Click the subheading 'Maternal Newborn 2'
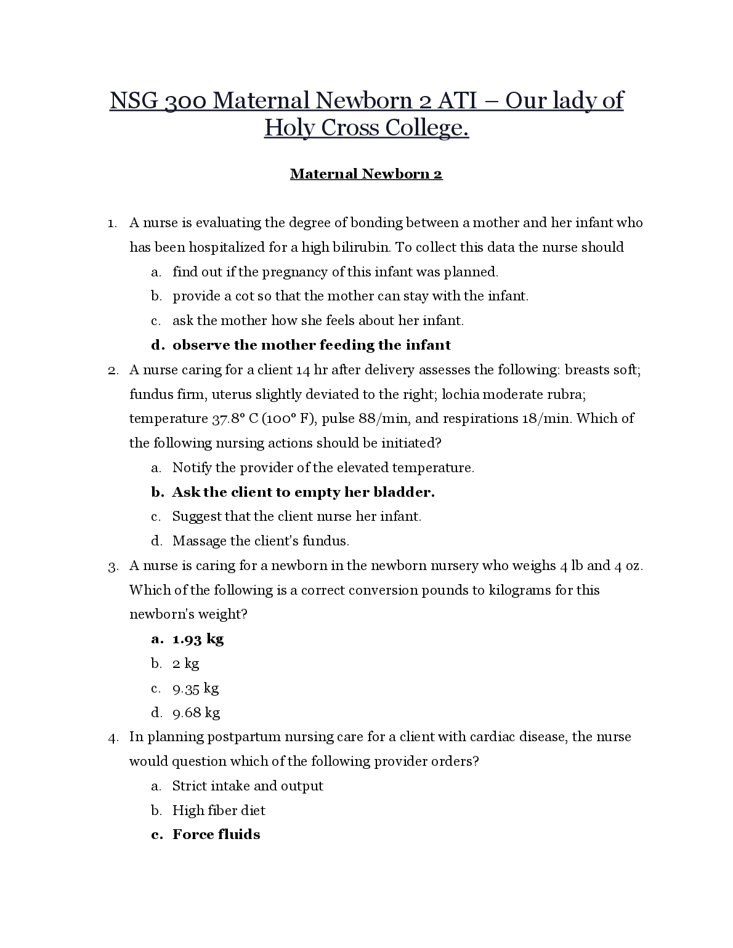coord(366,174)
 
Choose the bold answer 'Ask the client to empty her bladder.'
coord(303,492)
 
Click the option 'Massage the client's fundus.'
coord(261,541)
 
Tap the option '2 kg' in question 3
coord(185,664)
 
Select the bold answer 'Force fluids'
coord(216,835)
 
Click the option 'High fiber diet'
coord(219,811)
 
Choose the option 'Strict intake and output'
coord(248,786)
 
